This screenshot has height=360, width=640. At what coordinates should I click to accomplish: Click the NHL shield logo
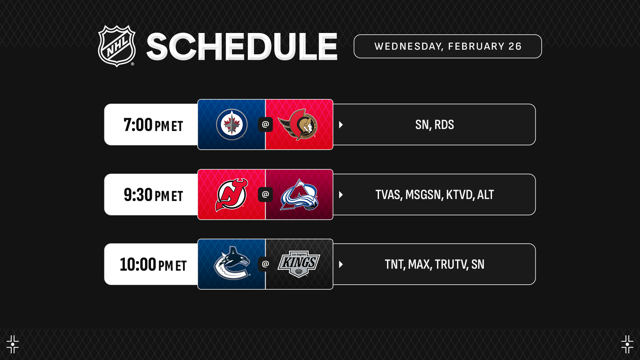(117, 46)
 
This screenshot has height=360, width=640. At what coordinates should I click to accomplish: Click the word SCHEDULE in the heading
(242, 47)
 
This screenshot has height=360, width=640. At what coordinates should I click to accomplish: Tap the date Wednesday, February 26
(448, 46)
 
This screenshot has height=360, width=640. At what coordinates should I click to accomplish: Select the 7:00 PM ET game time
(153, 125)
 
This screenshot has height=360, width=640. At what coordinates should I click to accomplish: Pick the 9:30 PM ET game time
(153, 195)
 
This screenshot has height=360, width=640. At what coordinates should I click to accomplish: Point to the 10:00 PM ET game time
(153, 264)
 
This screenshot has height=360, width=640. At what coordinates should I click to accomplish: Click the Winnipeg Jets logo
(232, 124)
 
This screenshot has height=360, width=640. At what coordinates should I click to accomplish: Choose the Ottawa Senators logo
(297, 125)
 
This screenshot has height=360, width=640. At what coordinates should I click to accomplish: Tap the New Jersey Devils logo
(232, 195)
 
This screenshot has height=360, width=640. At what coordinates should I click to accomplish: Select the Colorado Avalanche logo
(299, 195)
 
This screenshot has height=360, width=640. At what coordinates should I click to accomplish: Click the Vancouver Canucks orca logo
(232, 263)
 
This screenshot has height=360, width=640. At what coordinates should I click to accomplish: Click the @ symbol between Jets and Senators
(265, 124)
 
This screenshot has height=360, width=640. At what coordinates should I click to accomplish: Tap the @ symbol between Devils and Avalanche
(265, 194)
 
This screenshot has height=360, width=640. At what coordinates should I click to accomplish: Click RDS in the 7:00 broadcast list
(444, 125)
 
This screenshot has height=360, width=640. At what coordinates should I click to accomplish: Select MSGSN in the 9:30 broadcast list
(423, 195)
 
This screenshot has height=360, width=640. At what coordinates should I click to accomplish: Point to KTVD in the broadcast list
(459, 195)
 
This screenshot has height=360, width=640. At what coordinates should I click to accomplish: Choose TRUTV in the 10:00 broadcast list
(450, 264)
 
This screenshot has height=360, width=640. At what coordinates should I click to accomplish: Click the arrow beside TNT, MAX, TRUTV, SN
(341, 264)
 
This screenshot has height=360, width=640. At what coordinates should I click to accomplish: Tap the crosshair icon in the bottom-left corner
(13, 344)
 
